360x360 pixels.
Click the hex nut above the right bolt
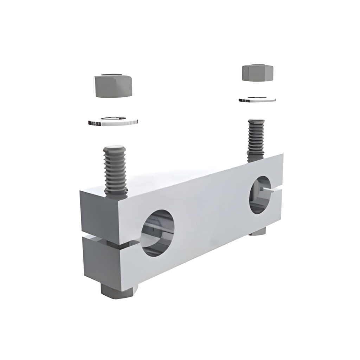tap(257, 73)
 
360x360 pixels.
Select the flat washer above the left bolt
tap(112, 122)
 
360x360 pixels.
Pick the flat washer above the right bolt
tap(257, 99)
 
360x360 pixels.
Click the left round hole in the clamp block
tap(157, 232)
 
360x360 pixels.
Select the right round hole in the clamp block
tap(260, 195)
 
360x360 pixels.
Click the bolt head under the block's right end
tap(258, 231)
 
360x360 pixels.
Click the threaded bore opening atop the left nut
tap(112, 75)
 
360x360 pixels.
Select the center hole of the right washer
tap(257, 98)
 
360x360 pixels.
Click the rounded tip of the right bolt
tap(256, 122)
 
